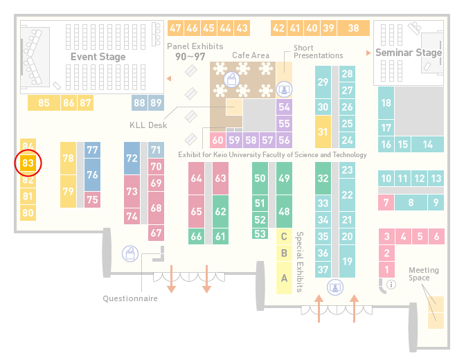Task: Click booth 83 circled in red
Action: click(28, 163)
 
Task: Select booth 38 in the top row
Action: click(354, 28)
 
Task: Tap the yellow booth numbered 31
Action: click(323, 132)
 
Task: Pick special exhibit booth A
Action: click(284, 278)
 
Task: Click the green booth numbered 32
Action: click(323, 178)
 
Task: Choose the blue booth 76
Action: click(92, 175)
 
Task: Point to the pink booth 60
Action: click(217, 141)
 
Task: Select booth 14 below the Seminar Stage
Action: click(427, 145)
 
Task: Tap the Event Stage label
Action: click(98, 57)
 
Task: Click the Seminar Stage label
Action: click(409, 53)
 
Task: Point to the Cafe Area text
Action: click(251, 55)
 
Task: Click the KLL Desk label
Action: click(148, 125)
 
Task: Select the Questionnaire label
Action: click(130, 298)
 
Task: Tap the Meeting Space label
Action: click(424, 274)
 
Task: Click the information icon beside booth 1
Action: click(391, 285)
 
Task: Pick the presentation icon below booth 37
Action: click(335, 287)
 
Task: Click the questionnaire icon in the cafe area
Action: click(232, 80)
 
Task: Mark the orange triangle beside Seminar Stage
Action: click(368, 53)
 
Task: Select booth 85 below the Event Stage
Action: click(44, 103)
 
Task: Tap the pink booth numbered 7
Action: click(386, 203)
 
